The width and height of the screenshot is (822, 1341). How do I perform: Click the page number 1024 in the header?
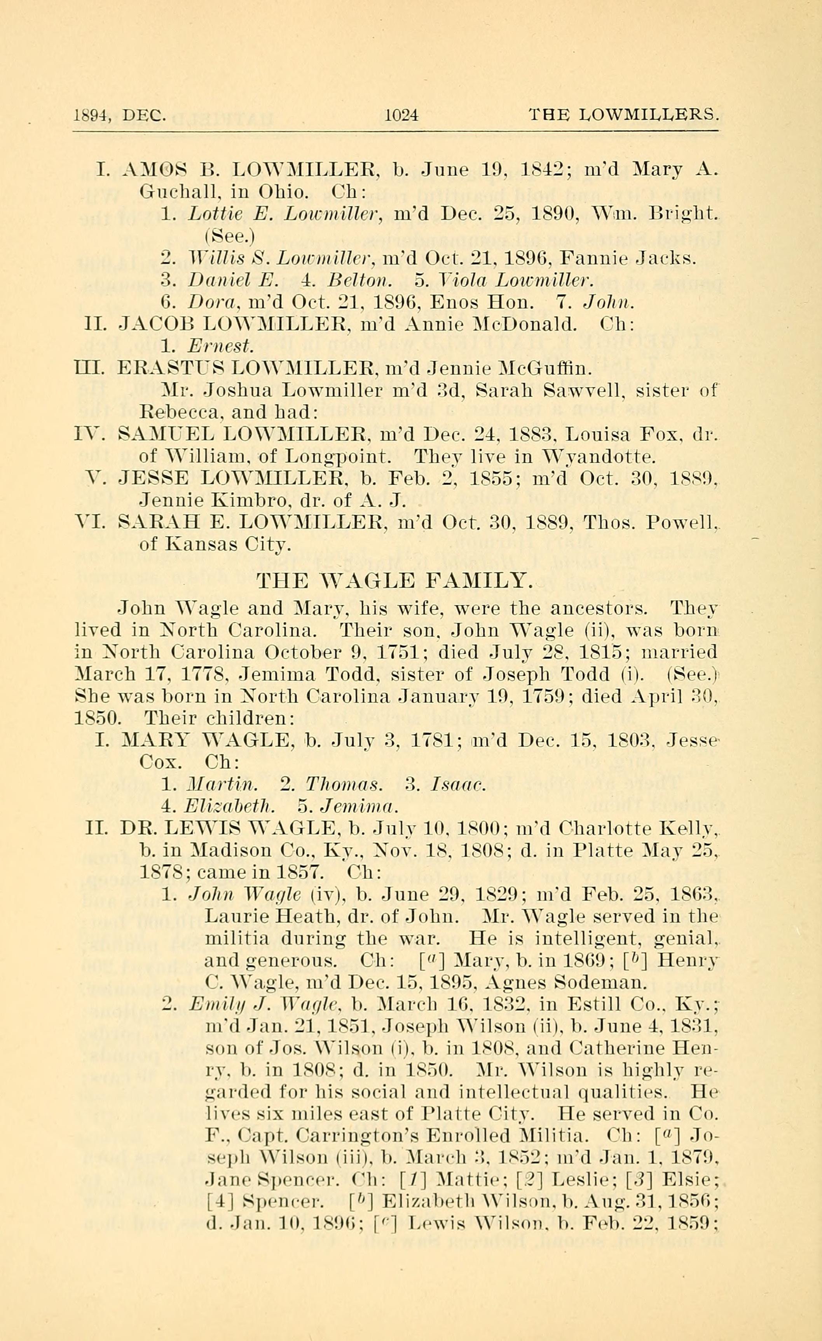click(x=401, y=115)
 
